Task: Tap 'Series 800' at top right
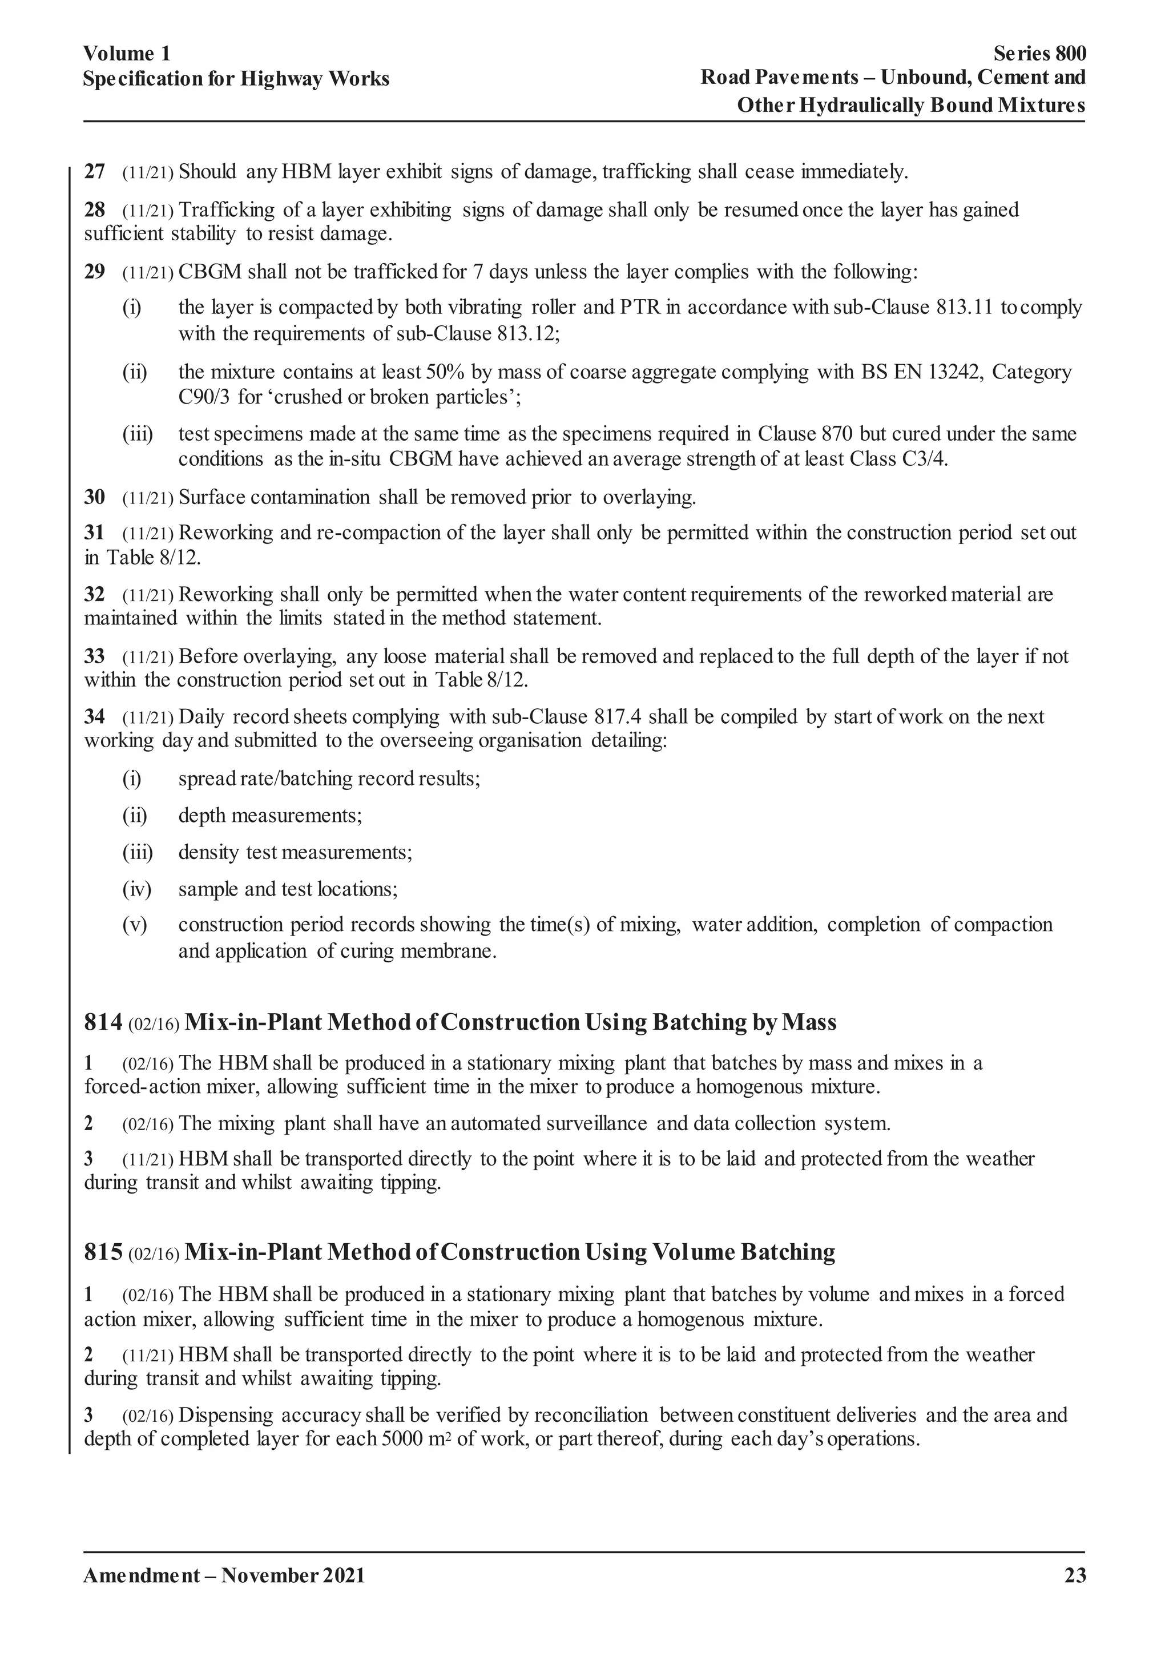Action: (1039, 54)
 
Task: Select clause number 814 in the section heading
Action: (103, 1022)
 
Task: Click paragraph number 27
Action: (94, 172)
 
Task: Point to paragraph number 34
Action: (94, 717)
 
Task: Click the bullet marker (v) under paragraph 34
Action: (135, 925)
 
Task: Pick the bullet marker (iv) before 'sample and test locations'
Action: (137, 889)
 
